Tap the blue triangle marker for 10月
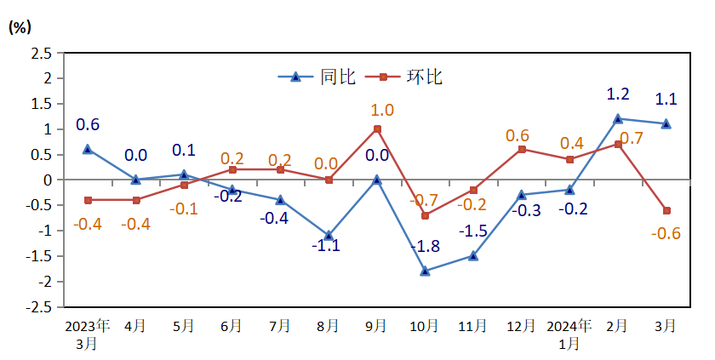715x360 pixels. (425, 271)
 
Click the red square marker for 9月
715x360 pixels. (377, 129)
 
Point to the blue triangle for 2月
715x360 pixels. (618, 118)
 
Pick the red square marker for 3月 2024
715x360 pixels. (666, 210)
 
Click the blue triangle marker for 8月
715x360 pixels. (329, 236)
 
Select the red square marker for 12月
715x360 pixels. (522, 149)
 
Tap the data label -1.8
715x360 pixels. (426, 248)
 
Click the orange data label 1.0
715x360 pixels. (382, 110)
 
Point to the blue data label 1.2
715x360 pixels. (618, 94)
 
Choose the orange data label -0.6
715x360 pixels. (666, 234)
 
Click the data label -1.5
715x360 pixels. (473, 231)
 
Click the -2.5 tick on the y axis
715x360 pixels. (38, 307)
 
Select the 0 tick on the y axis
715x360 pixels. (48, 180)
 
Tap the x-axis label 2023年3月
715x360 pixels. (87, 334)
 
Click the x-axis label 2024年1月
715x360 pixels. (569, 334)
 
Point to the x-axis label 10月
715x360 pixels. (425, 326)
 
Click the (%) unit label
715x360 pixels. (20, 27)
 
